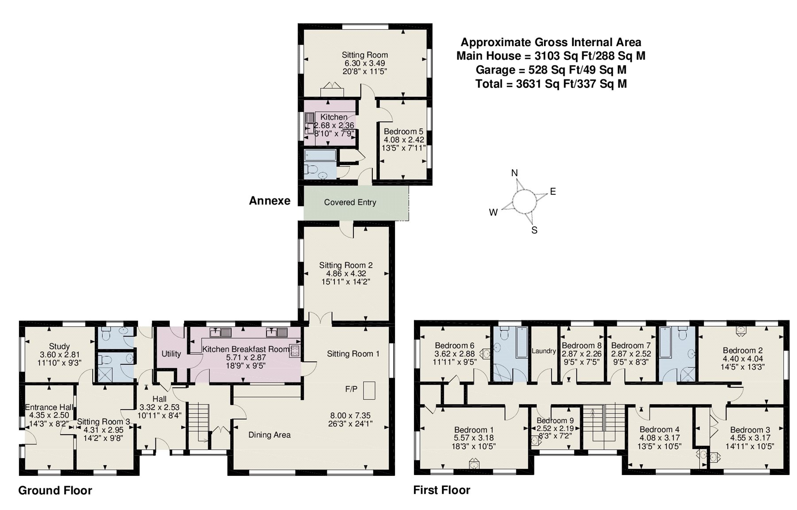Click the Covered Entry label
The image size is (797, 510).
click(x=350, y=202)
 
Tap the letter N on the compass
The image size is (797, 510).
click(x=515, y=173)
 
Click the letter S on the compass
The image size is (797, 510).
click(x=534, y=230)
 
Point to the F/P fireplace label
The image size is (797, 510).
click(x=351, y=389)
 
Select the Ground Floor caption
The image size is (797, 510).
click(x=55, y=491)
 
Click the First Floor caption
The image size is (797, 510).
click(x=441, y=490)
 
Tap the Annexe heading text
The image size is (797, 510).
click(x=270, y=201)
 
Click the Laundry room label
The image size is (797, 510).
click(x=544, y=351)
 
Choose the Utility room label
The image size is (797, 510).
click(x=171, y=354)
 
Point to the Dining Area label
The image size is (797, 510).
click(x=269, y=435)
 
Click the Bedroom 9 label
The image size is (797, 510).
click(x=555, y=420)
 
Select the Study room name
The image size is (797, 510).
click(x=59, y=347)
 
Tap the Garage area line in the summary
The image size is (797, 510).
click(x=551, y=70)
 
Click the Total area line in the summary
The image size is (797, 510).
click(x=551, y=84)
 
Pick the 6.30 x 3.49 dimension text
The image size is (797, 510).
click(x=365, y=63)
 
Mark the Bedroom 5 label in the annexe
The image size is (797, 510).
click(x=403, y=131)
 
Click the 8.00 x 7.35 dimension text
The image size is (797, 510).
click(x=350, y=416)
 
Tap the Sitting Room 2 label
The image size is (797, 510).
click(x=346, y=265)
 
